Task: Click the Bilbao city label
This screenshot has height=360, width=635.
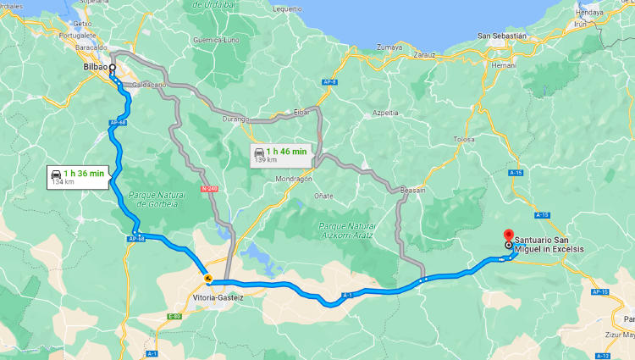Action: pos(95,67)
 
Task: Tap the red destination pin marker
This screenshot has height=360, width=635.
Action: pos(508,235)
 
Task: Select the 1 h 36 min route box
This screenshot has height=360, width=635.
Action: pos(77,176)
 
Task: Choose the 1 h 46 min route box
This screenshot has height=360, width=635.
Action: pos(280,154)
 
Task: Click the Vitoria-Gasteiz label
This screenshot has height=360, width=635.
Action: pos(218,297)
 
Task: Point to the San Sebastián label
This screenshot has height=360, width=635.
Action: pos(502,36)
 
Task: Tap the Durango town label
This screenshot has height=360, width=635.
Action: pos(235,119)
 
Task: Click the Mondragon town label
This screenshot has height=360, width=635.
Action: pos(294,180)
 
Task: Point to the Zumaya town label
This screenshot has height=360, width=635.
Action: pos(389,47)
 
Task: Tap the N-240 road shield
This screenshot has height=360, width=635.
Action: pos(209,189)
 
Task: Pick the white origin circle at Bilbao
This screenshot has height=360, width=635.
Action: pos(112,67)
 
